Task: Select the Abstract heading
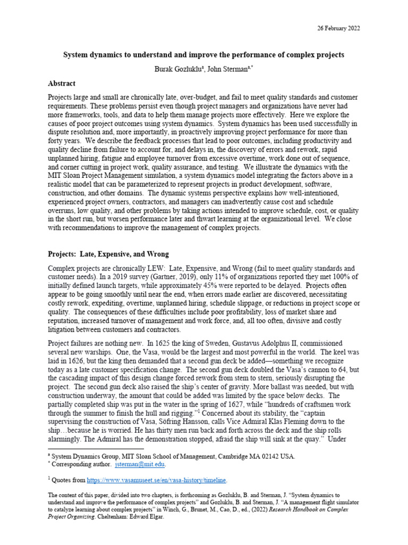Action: [62, 84]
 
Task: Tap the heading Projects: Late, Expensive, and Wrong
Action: [108, 254]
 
